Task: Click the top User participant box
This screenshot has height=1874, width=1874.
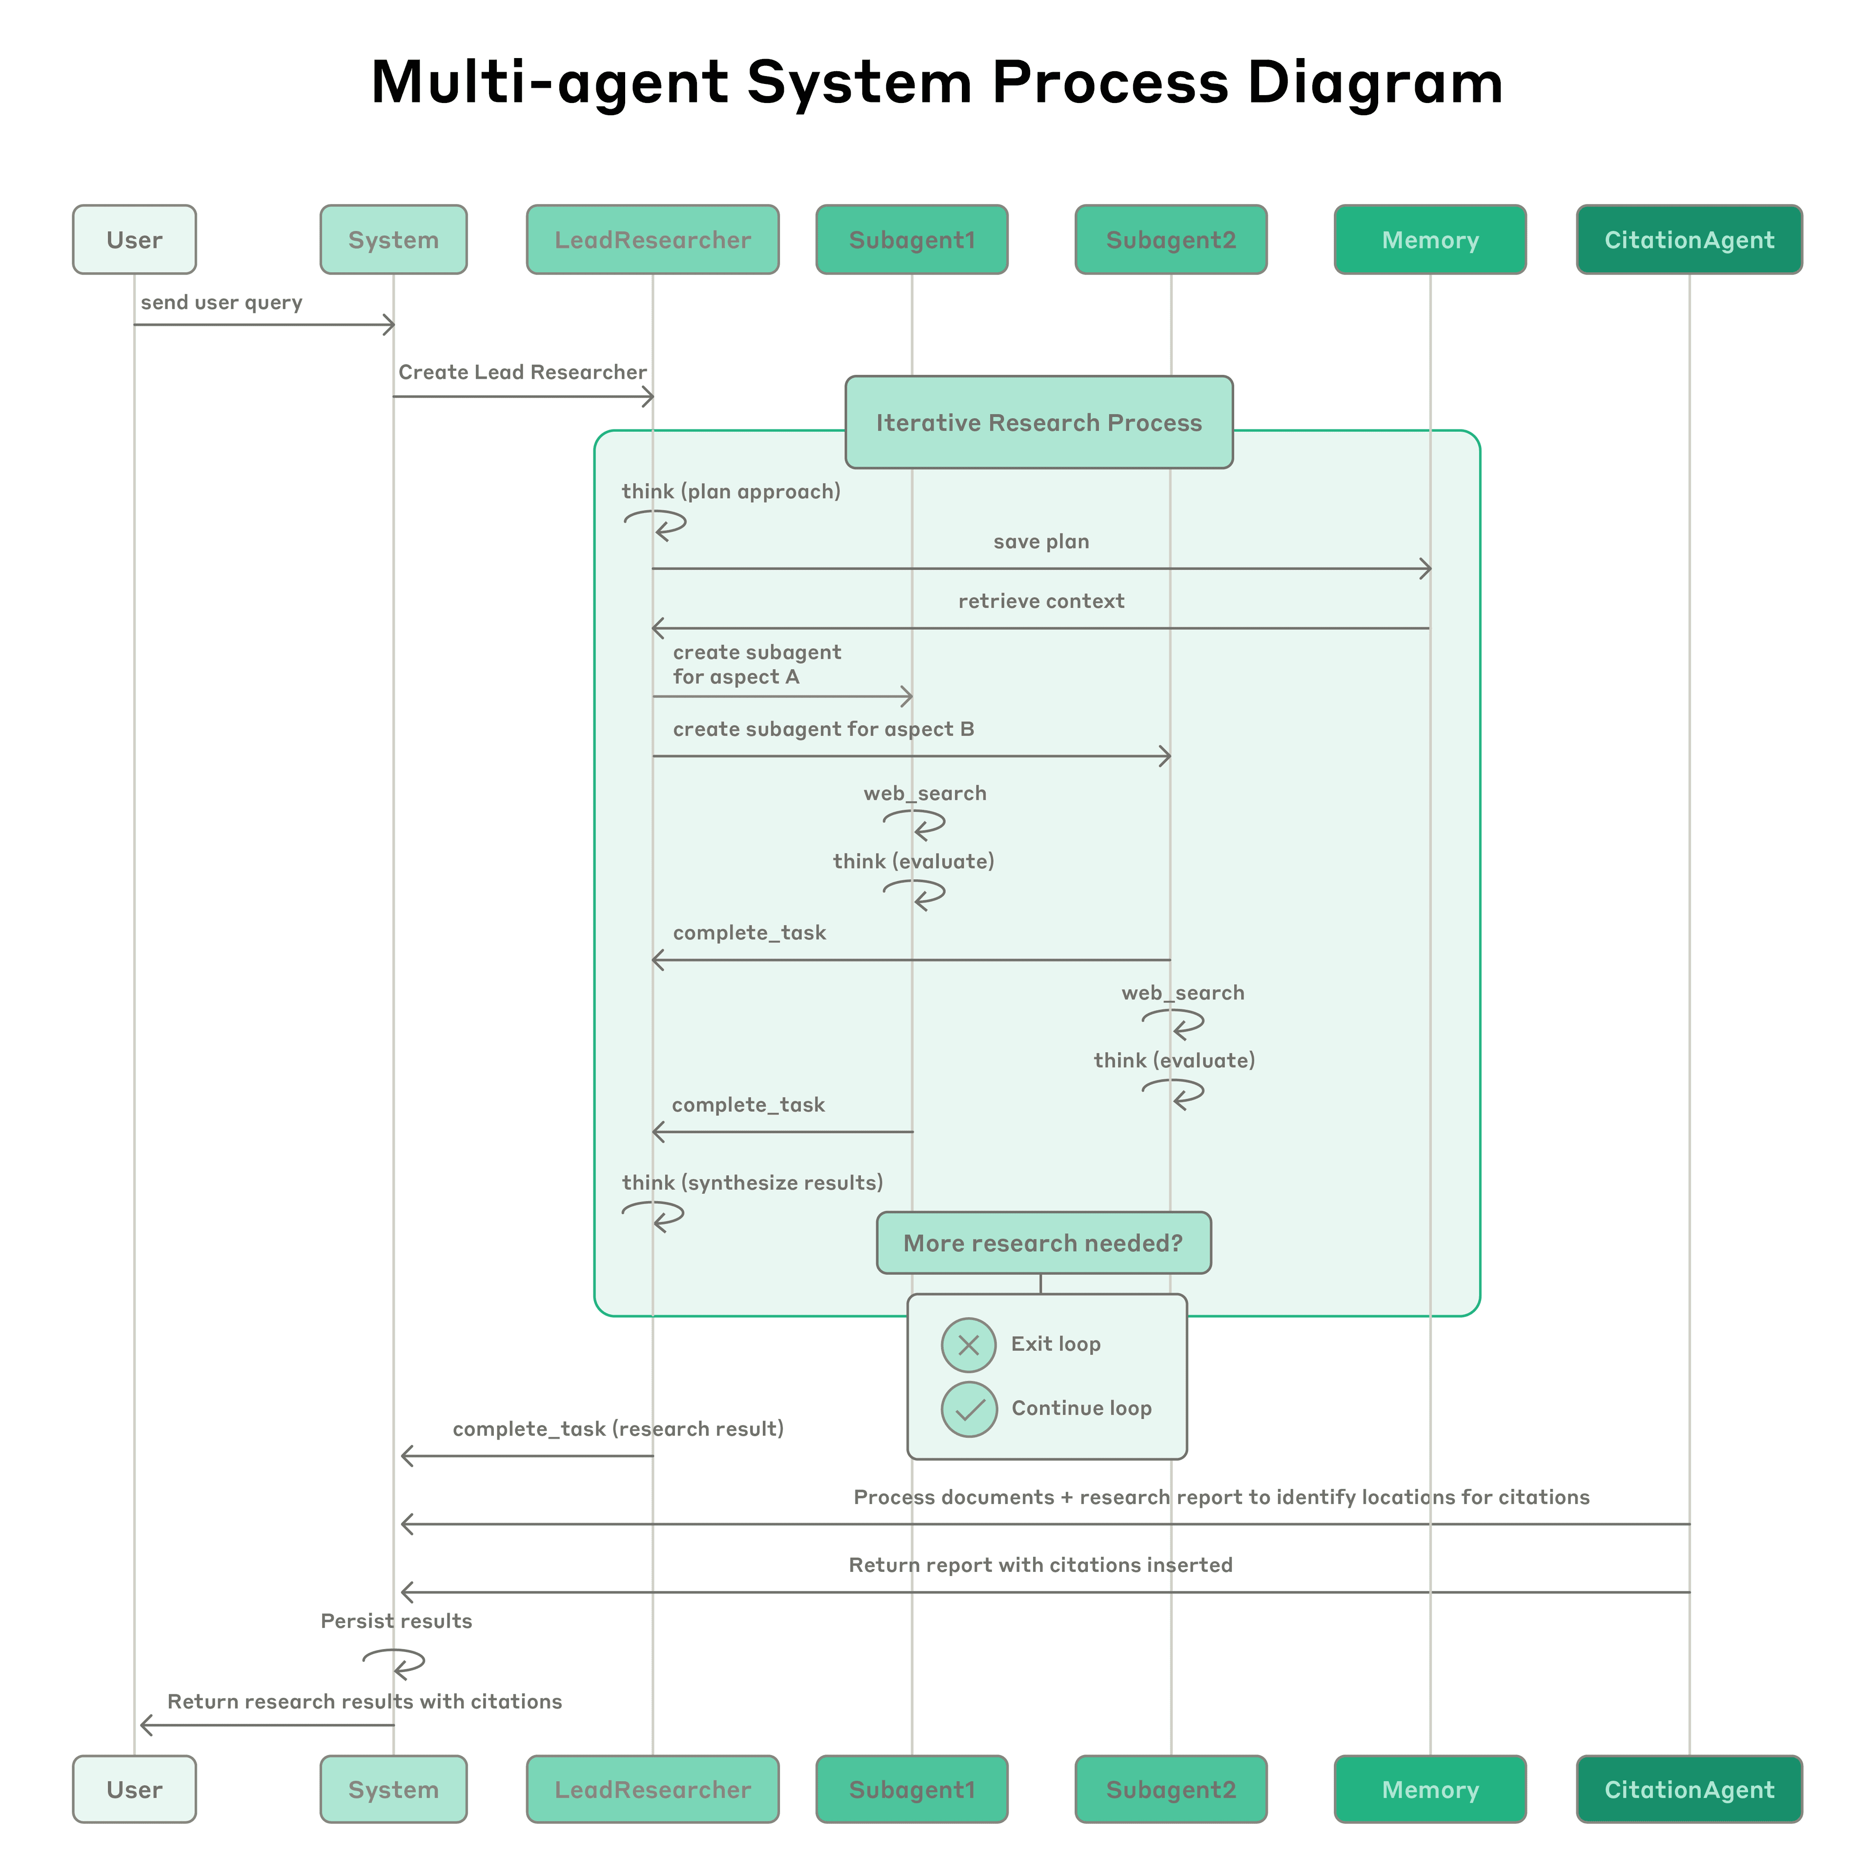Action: [134, 240]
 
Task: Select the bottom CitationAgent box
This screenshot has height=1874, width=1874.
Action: [1689, 1790]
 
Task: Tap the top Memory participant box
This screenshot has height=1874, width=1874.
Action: [1430, 240]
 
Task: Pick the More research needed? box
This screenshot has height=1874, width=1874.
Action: [1044, 1243]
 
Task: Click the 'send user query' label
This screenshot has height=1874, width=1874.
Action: [221, 303]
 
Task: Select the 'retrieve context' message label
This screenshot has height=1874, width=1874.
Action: [1041, 601]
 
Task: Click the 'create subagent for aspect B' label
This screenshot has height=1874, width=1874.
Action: [823, 730]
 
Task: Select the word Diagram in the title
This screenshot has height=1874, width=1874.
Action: [1375, 82]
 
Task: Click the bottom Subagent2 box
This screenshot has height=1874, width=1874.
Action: [1171, 1790]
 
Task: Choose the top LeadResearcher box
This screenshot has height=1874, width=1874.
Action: [652, 240]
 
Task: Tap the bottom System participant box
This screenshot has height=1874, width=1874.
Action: [393, 1790]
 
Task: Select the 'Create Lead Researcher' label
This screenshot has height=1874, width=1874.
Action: [522, 372]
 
